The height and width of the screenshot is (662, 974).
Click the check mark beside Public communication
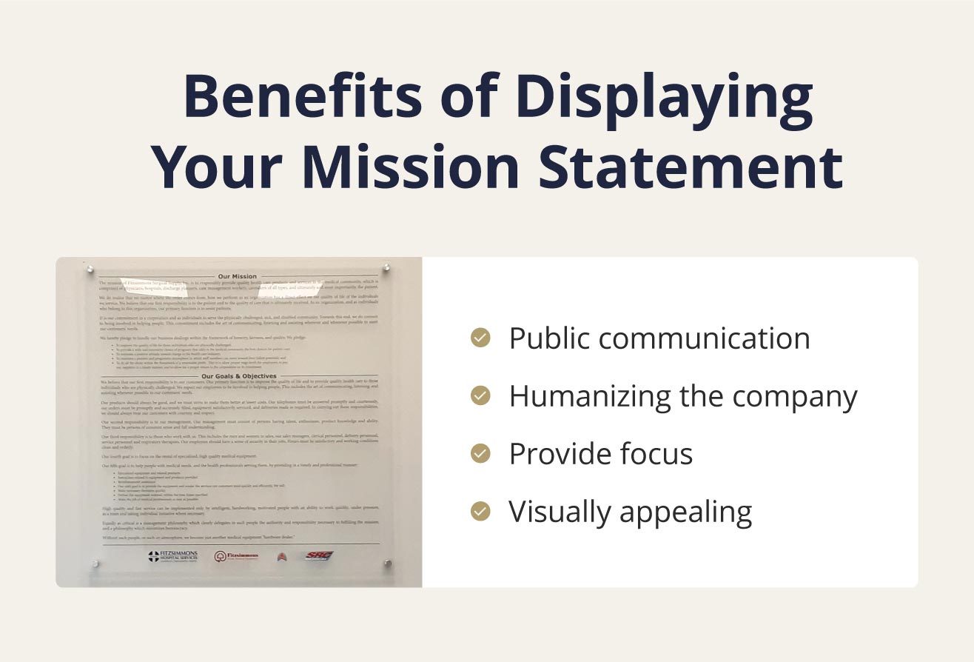(480, 338)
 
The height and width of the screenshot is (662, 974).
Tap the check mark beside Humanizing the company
(480, 396)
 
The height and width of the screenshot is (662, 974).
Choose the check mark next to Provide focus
(480, 453)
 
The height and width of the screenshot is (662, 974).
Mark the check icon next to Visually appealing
(480, 511)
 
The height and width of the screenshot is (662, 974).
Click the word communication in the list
(704, 338)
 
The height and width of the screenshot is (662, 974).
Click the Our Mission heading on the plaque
(238, 276)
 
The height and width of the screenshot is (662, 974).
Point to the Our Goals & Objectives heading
(238, 375)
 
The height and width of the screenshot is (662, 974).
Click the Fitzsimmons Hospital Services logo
(172, 556)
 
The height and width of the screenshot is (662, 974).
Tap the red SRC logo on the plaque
(319, 555)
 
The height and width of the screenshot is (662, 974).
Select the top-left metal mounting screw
(90, 269)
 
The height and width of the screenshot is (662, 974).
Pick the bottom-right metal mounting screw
(387, 565)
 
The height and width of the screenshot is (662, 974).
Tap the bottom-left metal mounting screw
(95, 565)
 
